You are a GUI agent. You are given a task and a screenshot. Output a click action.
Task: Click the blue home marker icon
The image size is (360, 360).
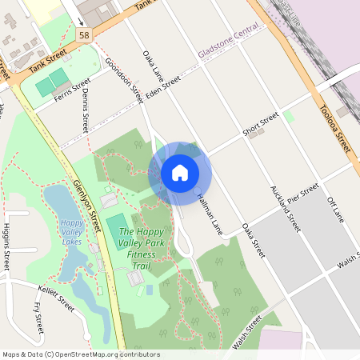coord(180,172)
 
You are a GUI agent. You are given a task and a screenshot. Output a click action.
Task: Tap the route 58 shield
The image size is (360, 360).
coord(84,35)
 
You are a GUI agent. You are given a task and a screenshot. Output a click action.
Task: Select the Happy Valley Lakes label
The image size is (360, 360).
coord(72,231)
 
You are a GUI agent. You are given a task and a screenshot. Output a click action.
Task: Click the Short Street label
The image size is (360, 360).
coord(261,125)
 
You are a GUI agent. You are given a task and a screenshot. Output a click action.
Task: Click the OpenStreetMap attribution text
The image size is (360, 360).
coord(81,354)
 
